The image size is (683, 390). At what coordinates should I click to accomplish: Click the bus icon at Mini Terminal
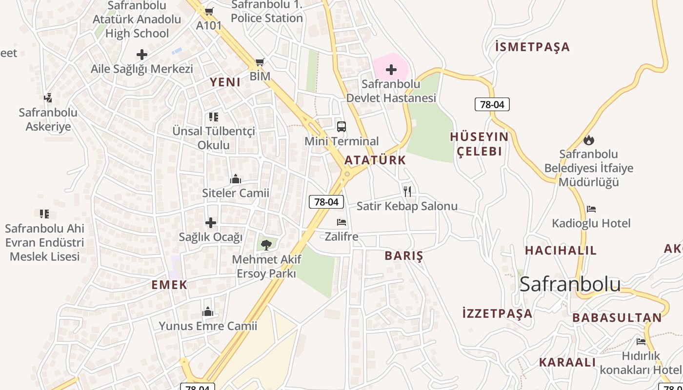341,127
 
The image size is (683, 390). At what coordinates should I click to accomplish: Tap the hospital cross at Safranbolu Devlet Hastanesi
391,70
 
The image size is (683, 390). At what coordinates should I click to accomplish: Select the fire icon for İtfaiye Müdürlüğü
589,140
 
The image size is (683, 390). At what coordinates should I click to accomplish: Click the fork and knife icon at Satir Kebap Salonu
407,191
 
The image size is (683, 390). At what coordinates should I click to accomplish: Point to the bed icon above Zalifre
341,222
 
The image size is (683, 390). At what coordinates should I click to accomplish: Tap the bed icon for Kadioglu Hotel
591,209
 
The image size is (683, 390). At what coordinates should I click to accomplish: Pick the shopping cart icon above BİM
260,62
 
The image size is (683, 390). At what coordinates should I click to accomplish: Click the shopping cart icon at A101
209,11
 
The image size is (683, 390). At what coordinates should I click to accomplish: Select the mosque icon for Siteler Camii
236,179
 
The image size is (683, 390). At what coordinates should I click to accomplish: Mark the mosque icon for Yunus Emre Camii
208,312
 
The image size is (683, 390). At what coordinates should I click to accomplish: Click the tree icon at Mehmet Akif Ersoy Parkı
266,245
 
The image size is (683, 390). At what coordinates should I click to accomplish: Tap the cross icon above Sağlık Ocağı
211,223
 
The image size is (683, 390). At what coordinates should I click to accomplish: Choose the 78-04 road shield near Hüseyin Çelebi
492,104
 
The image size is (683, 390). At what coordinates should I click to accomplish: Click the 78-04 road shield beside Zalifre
326,202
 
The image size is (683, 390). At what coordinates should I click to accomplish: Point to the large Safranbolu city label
570,284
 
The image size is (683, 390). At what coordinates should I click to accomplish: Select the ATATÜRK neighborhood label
375,160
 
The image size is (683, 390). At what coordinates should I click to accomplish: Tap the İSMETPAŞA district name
532,47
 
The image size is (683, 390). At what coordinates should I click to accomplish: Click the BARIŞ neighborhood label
404,256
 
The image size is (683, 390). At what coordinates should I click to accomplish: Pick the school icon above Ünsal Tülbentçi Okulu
214,117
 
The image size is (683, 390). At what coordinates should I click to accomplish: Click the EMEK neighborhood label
169,285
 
